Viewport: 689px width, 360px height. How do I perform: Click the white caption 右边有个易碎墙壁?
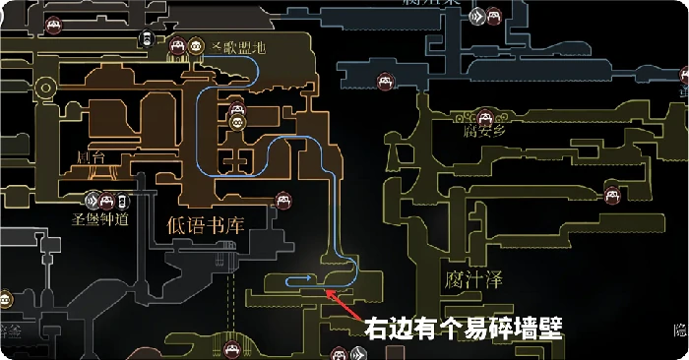pyautogui.click(x=463, y=328)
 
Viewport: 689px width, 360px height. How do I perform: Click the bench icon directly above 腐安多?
pyautogui.click(x=481, y=114)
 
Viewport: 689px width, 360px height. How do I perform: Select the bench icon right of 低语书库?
pyautogui.click(x=283, y=202)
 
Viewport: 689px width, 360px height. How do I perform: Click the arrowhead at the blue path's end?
pyautogui.click(x=317, y=283)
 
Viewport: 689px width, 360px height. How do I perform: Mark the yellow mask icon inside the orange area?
pyautogui.click(x=236, y=121)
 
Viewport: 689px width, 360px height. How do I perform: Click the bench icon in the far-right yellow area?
pyautogui.click(x=611, y=192)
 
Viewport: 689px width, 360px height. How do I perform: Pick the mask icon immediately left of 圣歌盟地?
pyautogui.click(x=196, y=44)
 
